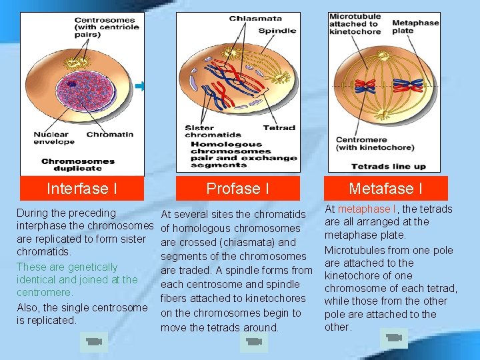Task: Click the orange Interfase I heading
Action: pos(82,189)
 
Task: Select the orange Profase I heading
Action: pos(238,189)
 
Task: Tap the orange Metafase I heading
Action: pos(386,189)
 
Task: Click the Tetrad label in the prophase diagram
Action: pos(279,128)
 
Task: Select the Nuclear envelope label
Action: pos(51,138)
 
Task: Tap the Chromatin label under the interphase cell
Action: pos(110,134)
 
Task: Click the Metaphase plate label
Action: pos(415,27)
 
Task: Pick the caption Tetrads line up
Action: pos(388,167)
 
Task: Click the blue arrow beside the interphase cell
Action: pos(140,86)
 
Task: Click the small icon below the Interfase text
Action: pos(92,343)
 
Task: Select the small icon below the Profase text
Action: pos(253,342)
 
